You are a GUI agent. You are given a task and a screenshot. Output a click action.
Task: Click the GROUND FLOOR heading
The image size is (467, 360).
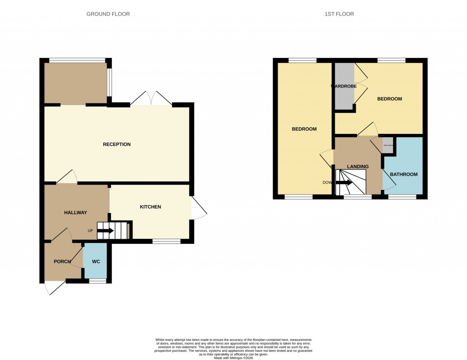108,14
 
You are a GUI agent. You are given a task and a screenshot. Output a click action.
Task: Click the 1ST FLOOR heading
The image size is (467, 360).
339,14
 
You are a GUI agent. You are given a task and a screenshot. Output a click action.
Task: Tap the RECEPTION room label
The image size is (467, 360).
117,144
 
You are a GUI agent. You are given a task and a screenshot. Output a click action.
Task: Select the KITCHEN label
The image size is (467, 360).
150,207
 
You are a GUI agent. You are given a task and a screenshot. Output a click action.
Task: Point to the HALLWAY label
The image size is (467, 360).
75,212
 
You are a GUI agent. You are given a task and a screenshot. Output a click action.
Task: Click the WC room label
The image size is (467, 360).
96,262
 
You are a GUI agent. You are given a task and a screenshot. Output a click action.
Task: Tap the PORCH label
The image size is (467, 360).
62,262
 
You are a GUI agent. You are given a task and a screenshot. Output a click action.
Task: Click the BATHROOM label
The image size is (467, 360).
404,175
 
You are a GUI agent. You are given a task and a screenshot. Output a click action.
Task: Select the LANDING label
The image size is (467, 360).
358,167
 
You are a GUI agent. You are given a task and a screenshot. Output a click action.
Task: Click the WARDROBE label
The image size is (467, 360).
343,86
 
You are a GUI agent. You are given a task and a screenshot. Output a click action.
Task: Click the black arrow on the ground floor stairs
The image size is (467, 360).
105,231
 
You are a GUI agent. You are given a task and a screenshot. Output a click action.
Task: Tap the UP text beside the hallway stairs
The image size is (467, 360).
90,231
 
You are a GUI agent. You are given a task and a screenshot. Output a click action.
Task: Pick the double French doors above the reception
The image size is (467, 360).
151,99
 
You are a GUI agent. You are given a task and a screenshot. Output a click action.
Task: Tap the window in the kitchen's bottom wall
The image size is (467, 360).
166,241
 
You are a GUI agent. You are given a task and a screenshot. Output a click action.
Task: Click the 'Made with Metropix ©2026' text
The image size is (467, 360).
233,358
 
